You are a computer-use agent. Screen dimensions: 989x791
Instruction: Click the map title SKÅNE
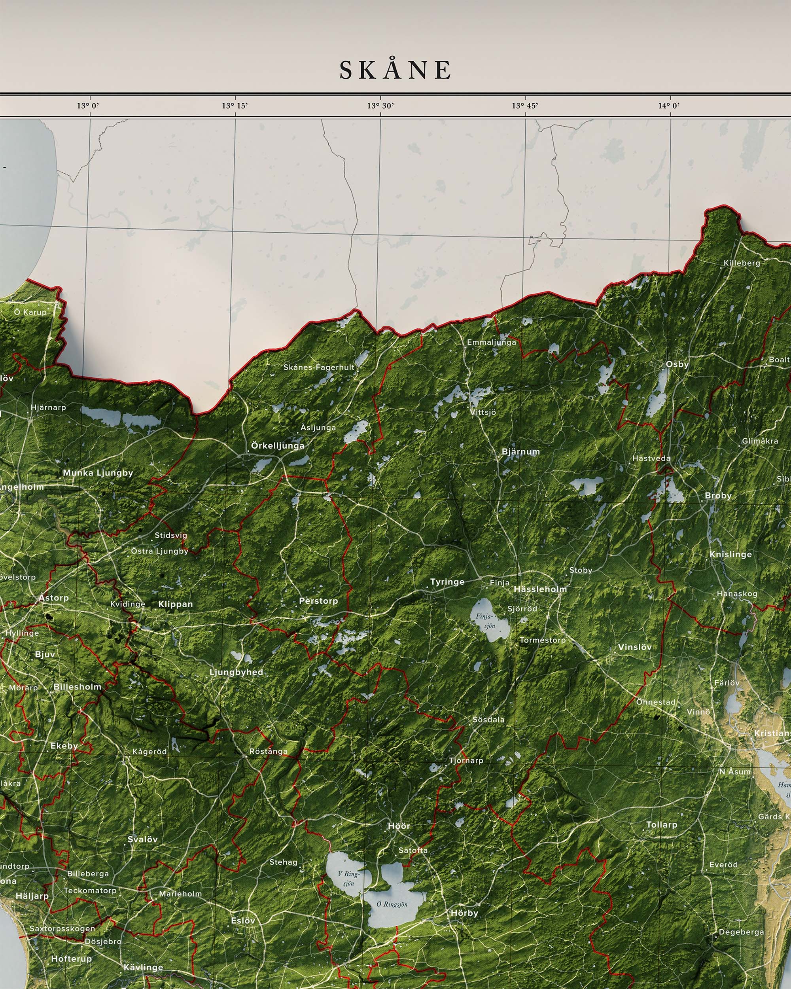click(x=395, y=70)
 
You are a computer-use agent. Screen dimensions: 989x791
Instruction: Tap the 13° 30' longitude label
click(x=380, y=106)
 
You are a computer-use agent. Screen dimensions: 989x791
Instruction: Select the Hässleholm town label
click(x=540, y=589)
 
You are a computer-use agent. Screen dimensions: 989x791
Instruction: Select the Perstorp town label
click(x=318, y=601)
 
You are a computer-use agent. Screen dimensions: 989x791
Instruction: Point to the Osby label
click(x=677, y=364)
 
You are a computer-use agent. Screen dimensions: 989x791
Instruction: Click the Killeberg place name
click(x=742, y=263)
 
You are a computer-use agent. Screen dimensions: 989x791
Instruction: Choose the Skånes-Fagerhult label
click(x=319, y=367)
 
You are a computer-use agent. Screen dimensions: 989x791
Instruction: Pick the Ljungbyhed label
click(x=236, y=672)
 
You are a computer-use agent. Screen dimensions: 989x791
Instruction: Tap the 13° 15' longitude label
click(x=235, y=106)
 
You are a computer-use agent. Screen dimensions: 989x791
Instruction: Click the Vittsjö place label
click(x=483, y=412)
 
